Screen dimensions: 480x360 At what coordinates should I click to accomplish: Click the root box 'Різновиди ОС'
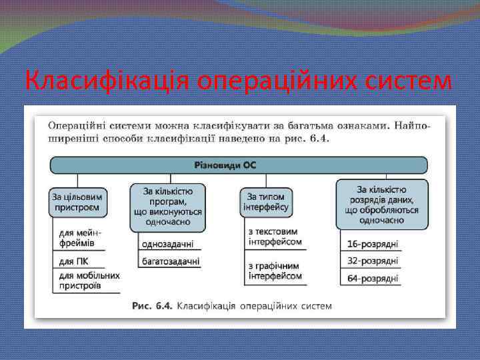pos(239,165)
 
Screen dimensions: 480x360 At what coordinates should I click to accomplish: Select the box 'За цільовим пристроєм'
pos(79,201)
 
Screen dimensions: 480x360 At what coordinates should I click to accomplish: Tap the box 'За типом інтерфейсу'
pos(266,201)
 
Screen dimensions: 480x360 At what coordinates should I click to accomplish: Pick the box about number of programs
pos(167,206)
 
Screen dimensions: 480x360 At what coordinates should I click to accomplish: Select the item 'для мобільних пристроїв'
pos(89,280)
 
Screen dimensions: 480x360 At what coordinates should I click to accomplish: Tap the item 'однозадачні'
pos(168,245)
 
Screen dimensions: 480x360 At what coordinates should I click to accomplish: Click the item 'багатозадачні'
pos(171,261)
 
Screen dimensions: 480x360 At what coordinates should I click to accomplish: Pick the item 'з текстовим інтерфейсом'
pos(275,237)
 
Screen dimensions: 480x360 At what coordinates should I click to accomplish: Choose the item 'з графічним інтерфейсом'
pos(275,270)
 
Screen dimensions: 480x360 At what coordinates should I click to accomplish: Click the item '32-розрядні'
pos(373,260)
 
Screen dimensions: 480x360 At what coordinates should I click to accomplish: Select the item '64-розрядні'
pos(373,278)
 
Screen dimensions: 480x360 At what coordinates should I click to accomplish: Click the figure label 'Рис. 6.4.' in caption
pos(153,306)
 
